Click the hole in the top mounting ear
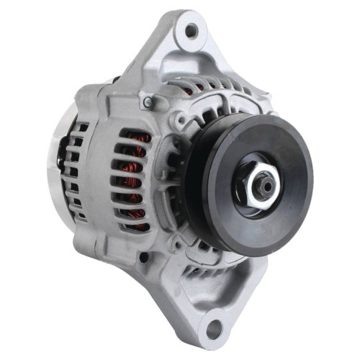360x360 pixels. click(191, 30)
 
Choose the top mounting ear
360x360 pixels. click(189, 36)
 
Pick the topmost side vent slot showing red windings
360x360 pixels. click(134, 136)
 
